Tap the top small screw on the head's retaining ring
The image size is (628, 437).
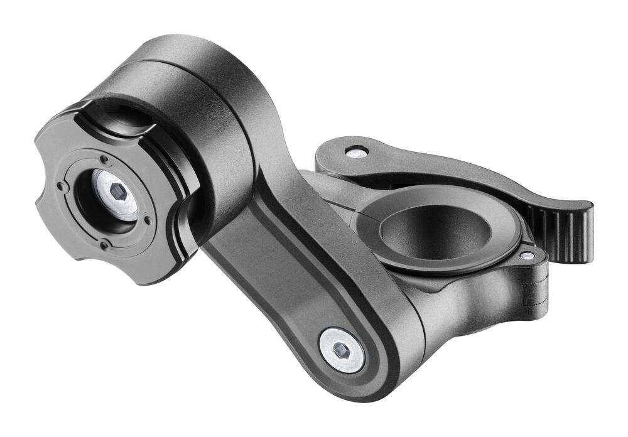tap(103, 159)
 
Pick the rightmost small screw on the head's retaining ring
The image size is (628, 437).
tap(148, 219)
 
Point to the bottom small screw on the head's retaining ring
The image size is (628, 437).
tap(104, 245)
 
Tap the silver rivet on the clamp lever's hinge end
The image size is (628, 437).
tap(357, 151)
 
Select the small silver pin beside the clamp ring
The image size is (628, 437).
tap(528, 256)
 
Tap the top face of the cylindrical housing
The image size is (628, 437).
tap(188, 53)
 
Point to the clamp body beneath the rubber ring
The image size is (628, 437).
tap(465, 301)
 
